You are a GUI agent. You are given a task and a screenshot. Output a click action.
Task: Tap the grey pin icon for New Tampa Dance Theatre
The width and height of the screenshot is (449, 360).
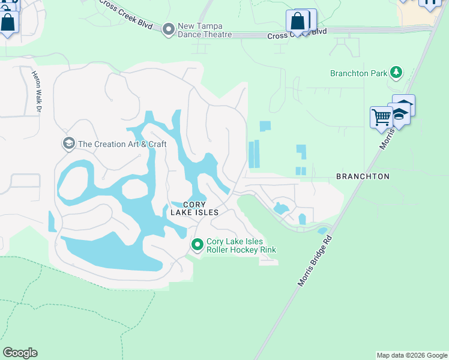168,29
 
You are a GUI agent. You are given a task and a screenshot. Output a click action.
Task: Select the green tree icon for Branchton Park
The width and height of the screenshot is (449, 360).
396,73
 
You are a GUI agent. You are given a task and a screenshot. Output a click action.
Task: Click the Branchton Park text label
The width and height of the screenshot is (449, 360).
358,73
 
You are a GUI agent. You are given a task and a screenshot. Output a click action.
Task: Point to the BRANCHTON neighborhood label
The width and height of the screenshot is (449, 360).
363,176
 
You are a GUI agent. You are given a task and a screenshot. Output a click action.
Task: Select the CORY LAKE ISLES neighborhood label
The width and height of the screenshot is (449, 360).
193,208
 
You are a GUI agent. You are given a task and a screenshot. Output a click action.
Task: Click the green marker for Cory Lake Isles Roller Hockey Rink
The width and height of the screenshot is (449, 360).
197,244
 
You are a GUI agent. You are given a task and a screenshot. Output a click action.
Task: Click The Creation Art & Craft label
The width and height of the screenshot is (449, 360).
122,144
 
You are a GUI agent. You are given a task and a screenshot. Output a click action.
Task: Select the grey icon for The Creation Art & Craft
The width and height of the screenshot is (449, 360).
68,143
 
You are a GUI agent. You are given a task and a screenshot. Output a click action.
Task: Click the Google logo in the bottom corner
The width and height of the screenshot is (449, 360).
20,353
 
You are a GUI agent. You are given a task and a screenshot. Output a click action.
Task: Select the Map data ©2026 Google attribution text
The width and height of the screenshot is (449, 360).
412,355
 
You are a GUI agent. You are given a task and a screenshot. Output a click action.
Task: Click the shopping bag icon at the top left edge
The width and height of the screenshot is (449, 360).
8,23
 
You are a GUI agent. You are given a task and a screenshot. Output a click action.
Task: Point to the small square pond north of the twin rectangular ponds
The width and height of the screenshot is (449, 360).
265,126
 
